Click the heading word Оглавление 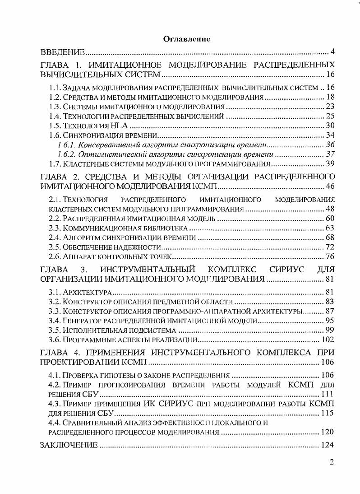pyautogui.click(x=187, y=39)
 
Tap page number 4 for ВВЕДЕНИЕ pyautogui.click(x=332, y=50)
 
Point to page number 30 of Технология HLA pyautogui.click(x=330, y=125)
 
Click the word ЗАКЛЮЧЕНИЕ pyautogui.click(x=69, y=445)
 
